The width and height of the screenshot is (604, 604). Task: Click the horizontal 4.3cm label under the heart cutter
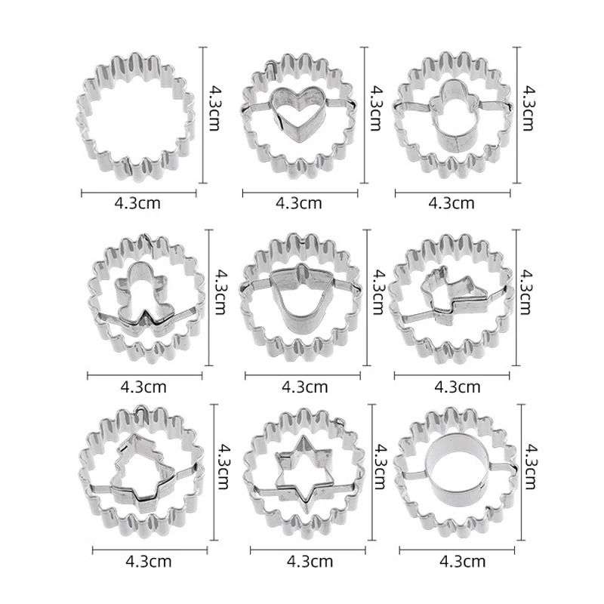tap(299, 202)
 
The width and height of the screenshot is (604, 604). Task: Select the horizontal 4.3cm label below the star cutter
tap(310, 561)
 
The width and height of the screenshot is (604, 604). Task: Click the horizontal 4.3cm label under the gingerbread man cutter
tap(143, 386)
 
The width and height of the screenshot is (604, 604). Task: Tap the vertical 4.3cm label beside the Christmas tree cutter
tap(221, 466)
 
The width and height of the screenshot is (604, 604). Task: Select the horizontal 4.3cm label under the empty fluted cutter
tap(137, 202)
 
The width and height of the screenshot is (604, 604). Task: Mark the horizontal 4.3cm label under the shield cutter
tap(304, 386)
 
